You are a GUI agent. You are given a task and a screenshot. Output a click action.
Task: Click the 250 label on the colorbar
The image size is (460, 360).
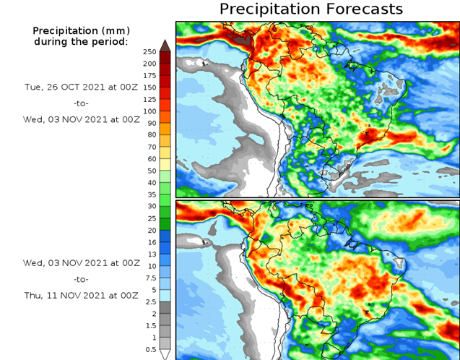(x=150, y=52)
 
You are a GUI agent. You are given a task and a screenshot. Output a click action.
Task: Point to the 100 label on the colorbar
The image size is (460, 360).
(x=150, y=111)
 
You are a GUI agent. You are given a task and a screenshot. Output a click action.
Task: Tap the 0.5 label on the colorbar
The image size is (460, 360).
(x=150, y=349)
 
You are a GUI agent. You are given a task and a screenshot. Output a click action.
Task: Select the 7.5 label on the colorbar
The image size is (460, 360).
(x=150, y=278)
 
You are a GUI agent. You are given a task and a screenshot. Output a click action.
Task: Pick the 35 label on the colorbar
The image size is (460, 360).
(x=150, y=194)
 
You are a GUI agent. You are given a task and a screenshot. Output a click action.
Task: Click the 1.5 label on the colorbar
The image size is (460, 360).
(x=150, y=325)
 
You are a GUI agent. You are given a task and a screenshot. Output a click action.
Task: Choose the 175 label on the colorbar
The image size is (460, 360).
(x=150, y=76)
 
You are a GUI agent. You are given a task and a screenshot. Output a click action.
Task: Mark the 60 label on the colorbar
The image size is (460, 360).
(x=150, y=159)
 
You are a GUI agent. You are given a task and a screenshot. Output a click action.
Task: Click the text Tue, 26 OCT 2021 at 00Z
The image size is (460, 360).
(x=80, y=85)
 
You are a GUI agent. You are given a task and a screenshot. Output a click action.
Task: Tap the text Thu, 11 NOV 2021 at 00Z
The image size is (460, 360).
(x=80, y=295)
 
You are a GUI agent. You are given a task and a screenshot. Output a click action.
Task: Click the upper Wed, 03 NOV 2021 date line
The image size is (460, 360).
(x=80, y=120)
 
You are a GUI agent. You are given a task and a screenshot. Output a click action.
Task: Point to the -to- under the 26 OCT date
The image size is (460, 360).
(x=80, y=103)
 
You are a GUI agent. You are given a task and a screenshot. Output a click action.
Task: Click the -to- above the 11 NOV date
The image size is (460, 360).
(x=80, y=278)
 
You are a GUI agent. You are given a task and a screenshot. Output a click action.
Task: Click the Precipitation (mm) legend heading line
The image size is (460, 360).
(x=80, y=30)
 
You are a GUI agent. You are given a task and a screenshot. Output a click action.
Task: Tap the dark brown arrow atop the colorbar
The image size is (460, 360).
(x=165, y=46)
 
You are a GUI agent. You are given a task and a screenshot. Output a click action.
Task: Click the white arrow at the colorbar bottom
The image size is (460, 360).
(x=165, y=354)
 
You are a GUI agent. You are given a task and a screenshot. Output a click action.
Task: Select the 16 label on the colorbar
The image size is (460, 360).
(x=150, y=242)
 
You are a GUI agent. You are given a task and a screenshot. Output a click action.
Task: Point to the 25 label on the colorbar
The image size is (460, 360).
(x=150, y=218)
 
